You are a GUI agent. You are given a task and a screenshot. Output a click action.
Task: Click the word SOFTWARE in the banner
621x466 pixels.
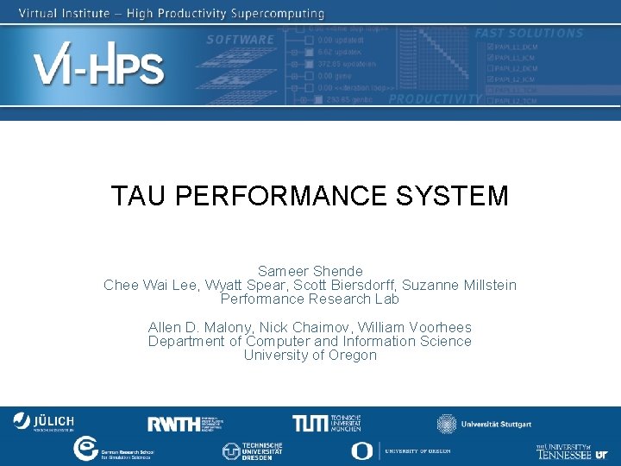click(x=240, y=40)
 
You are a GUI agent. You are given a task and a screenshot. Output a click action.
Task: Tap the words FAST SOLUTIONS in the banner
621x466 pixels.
click(x=529, y=34)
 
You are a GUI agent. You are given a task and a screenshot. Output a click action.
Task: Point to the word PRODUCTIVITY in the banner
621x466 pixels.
click(x=435, y=99)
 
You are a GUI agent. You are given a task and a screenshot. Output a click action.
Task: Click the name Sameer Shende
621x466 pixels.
click(x=310, y=271)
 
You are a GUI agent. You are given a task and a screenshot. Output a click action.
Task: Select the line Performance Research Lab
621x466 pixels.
click(x=310, y=299)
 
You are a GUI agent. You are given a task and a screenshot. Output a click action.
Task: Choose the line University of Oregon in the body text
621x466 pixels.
click(x=310, y=355)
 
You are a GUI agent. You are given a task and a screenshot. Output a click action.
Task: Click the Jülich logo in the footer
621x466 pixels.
click(x=43, y=421)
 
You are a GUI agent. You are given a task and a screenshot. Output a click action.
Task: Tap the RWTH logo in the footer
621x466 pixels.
click(x=185, y=423)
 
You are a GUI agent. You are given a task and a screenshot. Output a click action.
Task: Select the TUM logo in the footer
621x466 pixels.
click(x=326, y=423)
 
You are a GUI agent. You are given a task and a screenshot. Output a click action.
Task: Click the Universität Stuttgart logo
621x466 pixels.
click(x=484, y=424)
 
